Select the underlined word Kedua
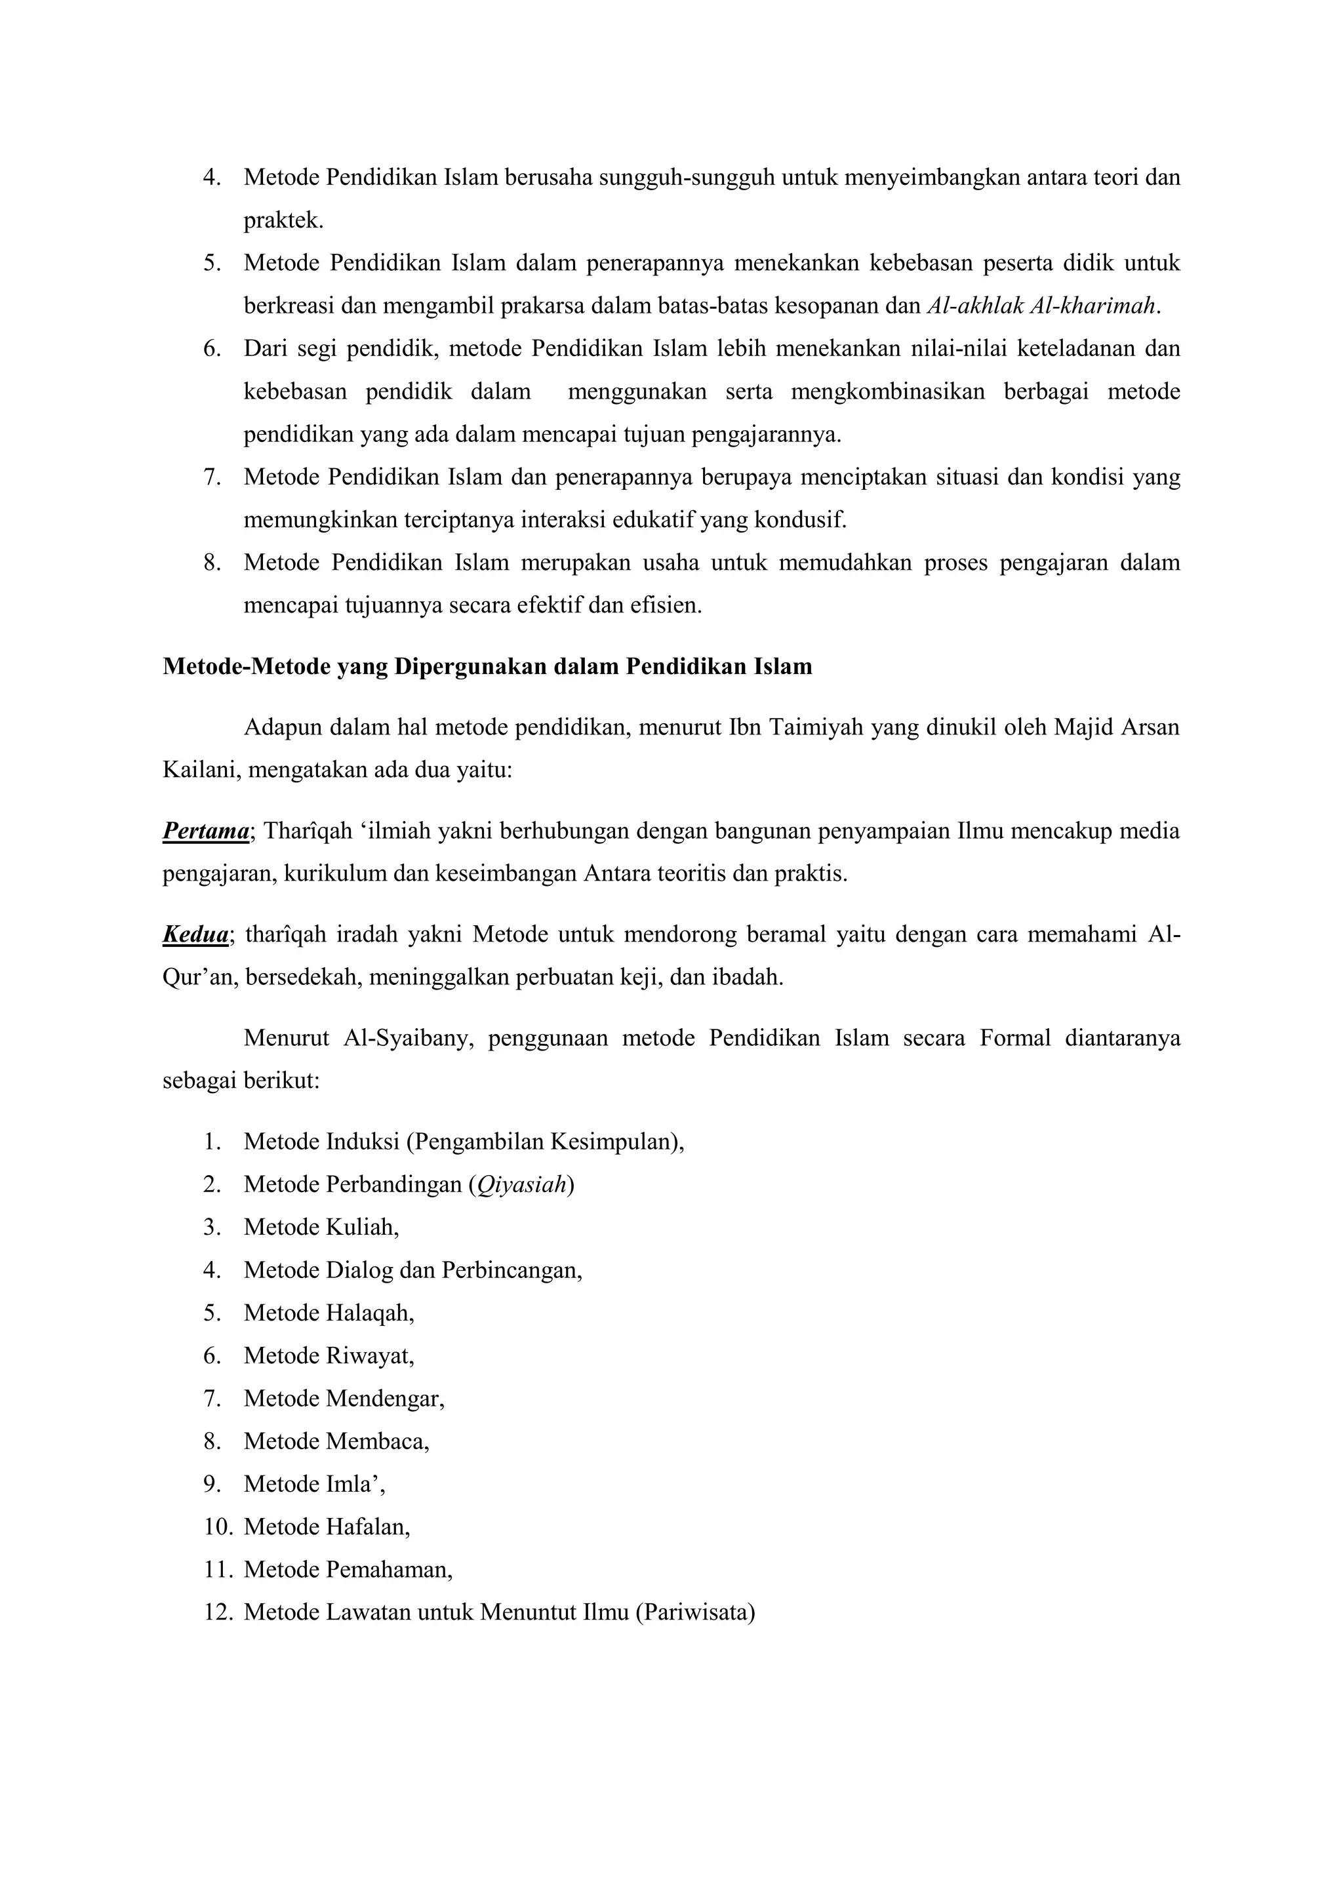[195, 934]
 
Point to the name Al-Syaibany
[407, 1038]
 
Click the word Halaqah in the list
[369, 1313]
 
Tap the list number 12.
[219, 1613]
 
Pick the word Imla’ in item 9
[355, 1485]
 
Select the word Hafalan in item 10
[367, 1527]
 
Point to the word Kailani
[201, 771]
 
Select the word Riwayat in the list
[369, 1355]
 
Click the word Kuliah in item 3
[361, 1228]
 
